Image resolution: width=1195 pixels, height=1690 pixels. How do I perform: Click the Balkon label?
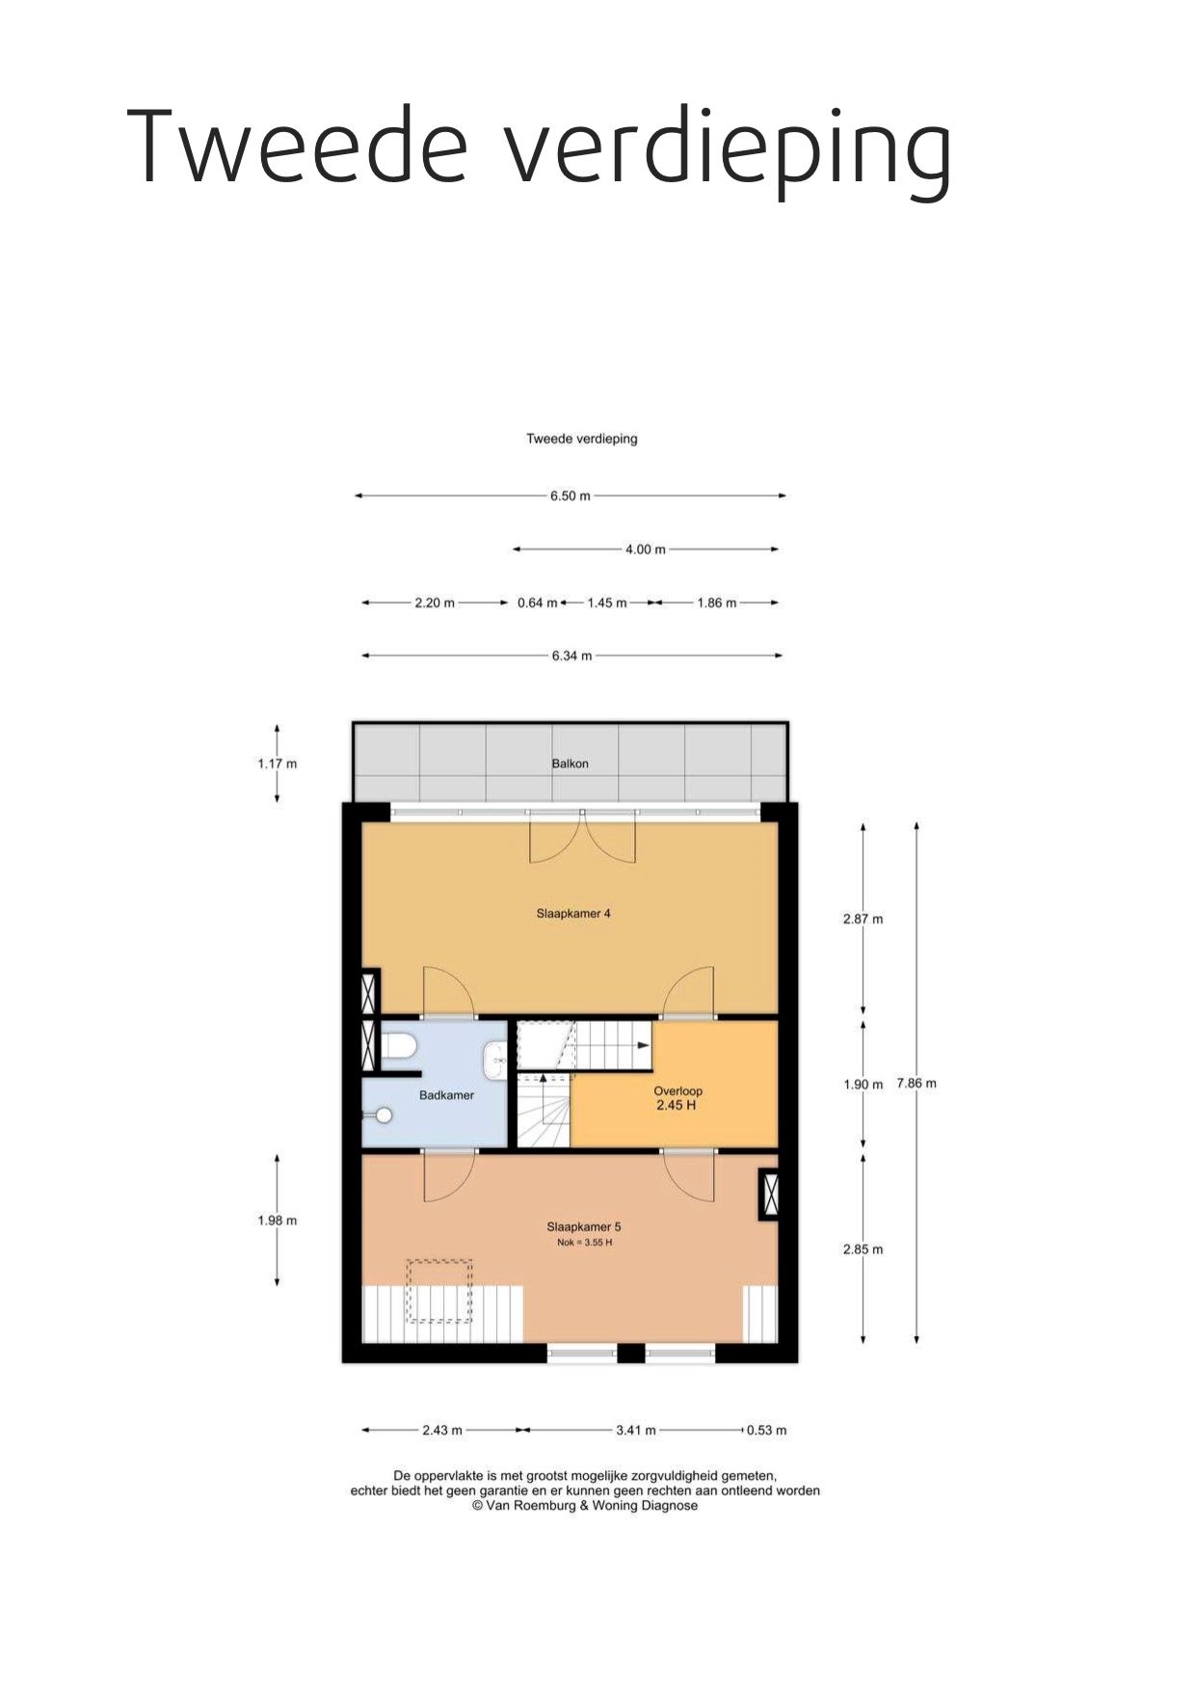570,764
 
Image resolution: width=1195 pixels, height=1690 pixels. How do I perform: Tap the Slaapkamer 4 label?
573,913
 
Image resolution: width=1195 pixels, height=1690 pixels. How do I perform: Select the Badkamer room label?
446,1095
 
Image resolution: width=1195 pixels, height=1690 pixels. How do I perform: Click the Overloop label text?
677,1091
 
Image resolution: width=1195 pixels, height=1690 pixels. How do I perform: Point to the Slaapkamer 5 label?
584,1227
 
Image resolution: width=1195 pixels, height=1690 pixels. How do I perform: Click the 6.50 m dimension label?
571,496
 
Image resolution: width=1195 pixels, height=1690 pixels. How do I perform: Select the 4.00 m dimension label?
646,550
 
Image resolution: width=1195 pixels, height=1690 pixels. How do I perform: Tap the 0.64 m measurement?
537,603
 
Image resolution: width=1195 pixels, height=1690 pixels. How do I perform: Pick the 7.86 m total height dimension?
916,1083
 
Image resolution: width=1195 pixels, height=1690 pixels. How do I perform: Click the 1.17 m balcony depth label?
278,764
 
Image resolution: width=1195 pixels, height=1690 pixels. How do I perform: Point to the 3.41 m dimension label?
636,1430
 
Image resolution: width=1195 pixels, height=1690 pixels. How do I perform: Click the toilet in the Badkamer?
398,1047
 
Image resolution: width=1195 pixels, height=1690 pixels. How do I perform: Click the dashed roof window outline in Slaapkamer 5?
439,1291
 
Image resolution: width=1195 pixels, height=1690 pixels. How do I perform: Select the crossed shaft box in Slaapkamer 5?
769,1194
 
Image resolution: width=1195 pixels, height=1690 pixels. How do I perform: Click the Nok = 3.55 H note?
584,1243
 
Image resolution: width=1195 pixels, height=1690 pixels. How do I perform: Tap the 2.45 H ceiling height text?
676,1105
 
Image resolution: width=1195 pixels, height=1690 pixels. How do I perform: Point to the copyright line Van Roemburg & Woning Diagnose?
585,1505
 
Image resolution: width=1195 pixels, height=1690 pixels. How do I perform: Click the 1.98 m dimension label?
278,1221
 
